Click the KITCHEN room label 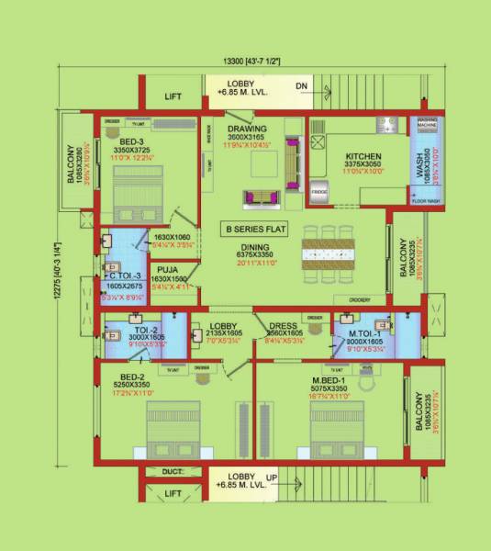pos(350,156)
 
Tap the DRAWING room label pos(249,129)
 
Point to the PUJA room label pos(166,269)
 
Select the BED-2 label pos(133,377)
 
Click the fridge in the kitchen pos(318,191)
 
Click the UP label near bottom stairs pos(271,478)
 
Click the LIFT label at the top pos(173,96)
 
